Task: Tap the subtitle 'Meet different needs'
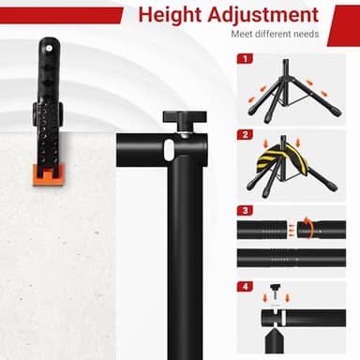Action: point(275,35)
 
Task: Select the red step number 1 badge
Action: point(245,58)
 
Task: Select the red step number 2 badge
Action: point(245,134)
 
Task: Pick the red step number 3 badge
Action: point(245,210)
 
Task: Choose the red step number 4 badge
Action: point(245,286)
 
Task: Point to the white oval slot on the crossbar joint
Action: point(168,149)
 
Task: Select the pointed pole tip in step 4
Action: point(275,336)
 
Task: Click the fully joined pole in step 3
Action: point(291,258)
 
